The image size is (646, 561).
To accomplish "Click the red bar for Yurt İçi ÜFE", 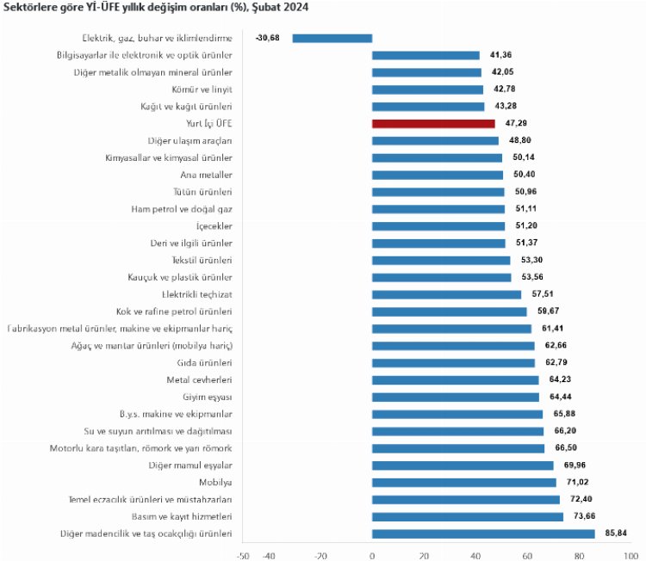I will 433,123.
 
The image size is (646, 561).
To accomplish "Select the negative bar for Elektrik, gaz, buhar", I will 332,38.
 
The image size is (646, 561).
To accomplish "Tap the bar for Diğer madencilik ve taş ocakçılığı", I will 483,533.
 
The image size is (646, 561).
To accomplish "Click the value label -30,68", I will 269,38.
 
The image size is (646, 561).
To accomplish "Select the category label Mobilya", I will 215,482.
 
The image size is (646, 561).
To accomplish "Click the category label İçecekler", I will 214,226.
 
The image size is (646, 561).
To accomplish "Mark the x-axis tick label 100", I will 630,555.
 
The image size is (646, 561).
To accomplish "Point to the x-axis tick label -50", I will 243,555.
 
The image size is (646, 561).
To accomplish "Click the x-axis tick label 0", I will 372,555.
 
